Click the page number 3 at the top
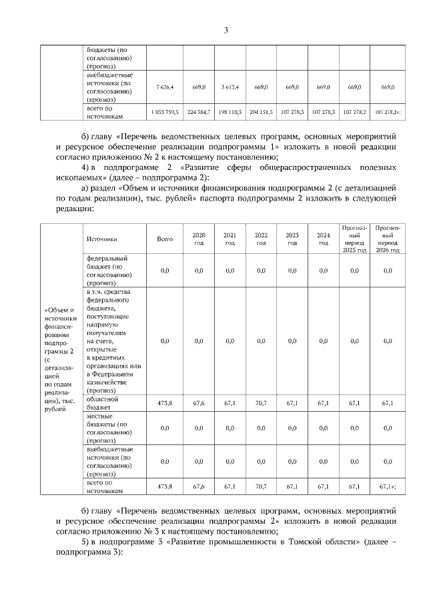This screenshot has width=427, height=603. (226, 30)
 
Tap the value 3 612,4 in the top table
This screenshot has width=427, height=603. (230, 87)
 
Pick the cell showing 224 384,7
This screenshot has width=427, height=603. (198, 113)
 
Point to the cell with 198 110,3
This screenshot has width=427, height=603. (230, 113)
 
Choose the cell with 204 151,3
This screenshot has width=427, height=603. (261, 113)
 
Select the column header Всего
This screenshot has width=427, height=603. (165, 239)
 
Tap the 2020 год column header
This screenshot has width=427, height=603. (198, 239)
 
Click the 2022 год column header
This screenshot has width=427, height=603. (261, 239)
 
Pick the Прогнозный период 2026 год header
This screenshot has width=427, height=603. (388, 239)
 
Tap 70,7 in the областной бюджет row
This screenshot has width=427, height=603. (261, 402)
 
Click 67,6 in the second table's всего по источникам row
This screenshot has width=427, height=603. (198, 487)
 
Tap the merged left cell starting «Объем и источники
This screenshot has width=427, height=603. (61, 360)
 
